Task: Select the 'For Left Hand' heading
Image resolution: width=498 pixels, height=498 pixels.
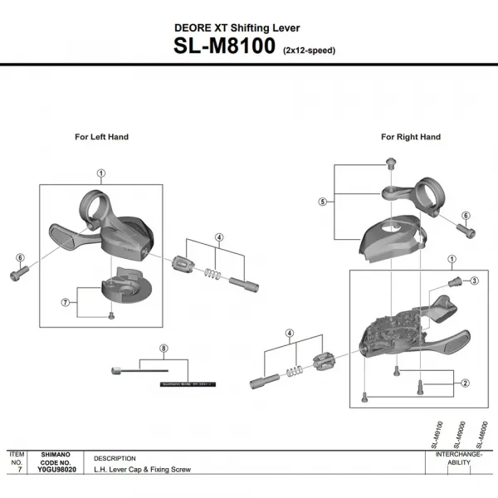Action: click(101, 137)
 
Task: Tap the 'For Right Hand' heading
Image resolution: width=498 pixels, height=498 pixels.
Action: click(411, 137)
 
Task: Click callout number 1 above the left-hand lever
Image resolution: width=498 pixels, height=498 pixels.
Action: click(100, 173)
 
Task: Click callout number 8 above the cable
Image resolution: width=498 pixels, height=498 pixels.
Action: click(164, 348)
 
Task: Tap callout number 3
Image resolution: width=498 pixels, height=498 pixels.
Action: click(474, 281)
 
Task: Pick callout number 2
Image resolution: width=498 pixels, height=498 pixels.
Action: click(466, 383)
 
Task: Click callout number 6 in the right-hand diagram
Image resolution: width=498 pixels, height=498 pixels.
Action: click(466, 215)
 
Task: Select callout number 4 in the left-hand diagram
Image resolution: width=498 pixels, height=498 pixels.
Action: click(218, 237)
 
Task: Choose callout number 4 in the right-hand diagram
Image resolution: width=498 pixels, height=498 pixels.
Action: click(290, 333)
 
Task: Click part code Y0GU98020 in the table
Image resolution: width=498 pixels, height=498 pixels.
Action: click(58, 470)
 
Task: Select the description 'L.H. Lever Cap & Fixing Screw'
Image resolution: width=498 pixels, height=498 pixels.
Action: click(142, 470)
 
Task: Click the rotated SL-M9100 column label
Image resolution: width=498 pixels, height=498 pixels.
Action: click(437, 435)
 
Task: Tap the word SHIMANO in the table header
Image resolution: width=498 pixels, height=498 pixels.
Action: click(58, 455)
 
